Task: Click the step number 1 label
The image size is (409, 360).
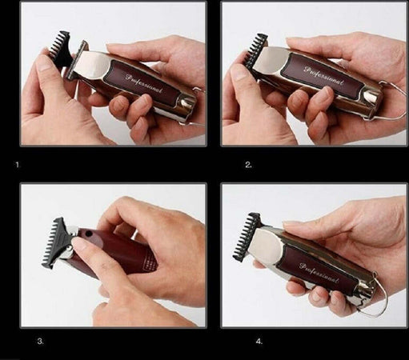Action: [18, 165]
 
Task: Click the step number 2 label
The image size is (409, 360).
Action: [248, 165]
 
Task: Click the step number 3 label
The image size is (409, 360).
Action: [40, 341]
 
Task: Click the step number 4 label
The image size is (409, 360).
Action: [259, 341]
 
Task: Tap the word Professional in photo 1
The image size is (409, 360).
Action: [144, 84]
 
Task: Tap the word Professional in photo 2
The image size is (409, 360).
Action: [323, 75]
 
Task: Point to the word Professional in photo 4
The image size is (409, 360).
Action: [319, 273]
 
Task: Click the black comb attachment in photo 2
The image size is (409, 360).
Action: [255, 50]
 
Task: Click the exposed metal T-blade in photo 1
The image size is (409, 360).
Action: [76, 60]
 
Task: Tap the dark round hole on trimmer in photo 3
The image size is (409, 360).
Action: [88, 234]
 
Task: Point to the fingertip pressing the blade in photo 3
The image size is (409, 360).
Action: [78, 242]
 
